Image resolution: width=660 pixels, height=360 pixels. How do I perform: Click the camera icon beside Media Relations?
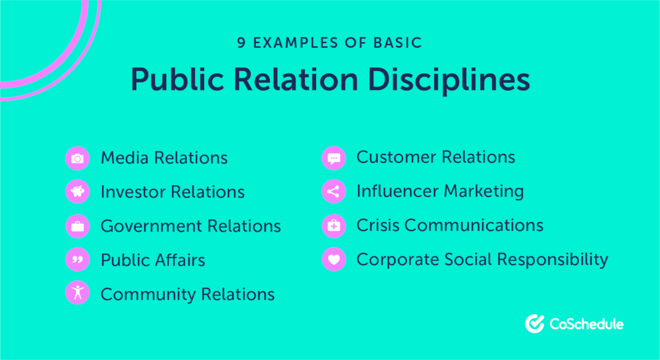[x=78, y=159]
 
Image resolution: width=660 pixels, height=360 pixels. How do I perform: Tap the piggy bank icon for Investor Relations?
[x=78, y=192]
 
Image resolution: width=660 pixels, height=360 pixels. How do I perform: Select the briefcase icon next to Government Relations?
[x=78, y=226]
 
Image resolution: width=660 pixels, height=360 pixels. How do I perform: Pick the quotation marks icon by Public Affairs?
[x=78, y=260]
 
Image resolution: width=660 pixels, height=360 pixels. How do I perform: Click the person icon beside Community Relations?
[x=78, y=293]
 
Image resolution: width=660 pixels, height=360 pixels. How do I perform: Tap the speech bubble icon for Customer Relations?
[x=334, y=158]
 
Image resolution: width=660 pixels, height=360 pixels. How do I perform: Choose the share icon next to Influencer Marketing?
[x=334, y=192]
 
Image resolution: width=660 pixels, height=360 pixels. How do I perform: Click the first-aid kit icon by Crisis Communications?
[x=334, y=226]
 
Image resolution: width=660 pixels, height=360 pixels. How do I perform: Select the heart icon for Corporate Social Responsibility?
[x=334, y=259]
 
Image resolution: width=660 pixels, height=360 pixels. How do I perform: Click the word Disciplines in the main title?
[x=449, y=81]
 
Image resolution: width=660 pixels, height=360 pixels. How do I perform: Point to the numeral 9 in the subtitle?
[x=241, y=43]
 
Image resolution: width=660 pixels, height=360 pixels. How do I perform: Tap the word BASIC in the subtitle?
[x=398, y=43]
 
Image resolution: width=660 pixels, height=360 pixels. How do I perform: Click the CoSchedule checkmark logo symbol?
[x=535, y=324]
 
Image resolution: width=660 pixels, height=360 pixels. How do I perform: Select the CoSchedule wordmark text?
[x=587, y=324]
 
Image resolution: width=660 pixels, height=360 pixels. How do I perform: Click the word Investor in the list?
[x=133, y=192]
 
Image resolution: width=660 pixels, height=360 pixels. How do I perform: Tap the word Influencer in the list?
[x=398, y=191]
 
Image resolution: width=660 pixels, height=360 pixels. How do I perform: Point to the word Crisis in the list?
[x=378, y=226]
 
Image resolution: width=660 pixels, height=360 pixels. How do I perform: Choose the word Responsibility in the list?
[x=553, y=260]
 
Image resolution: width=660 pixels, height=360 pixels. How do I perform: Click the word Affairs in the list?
[x=180, y=260]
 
